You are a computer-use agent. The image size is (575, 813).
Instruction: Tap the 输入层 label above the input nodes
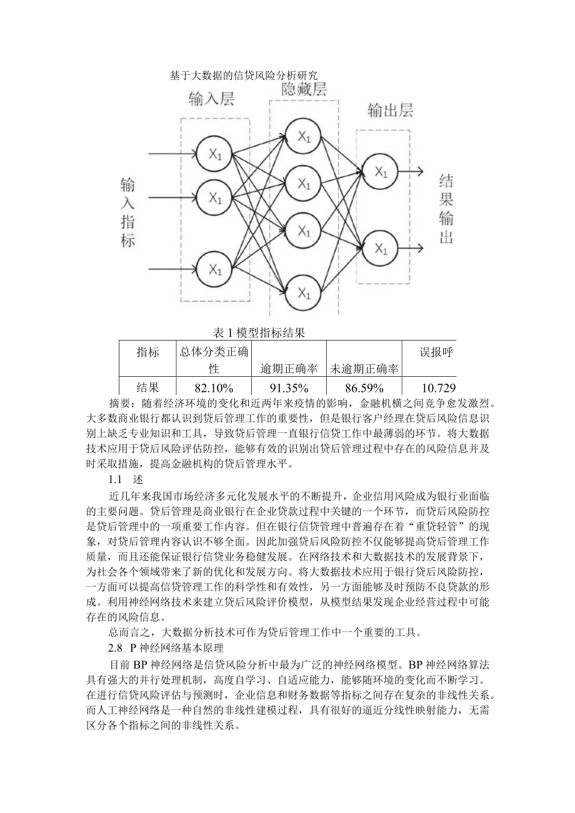(211, 99)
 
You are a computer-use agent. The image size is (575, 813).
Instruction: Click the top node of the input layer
(214, 154)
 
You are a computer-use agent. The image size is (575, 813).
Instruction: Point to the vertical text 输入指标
(127, 212)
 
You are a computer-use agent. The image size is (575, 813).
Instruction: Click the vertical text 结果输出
(446, 209)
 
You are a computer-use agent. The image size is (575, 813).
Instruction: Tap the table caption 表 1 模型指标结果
(259, 332)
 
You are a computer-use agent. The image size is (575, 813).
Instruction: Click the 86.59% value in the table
(364, 387)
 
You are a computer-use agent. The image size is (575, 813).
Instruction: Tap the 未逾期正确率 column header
(364, 369)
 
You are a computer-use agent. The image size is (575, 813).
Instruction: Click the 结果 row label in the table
(147, 387)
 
